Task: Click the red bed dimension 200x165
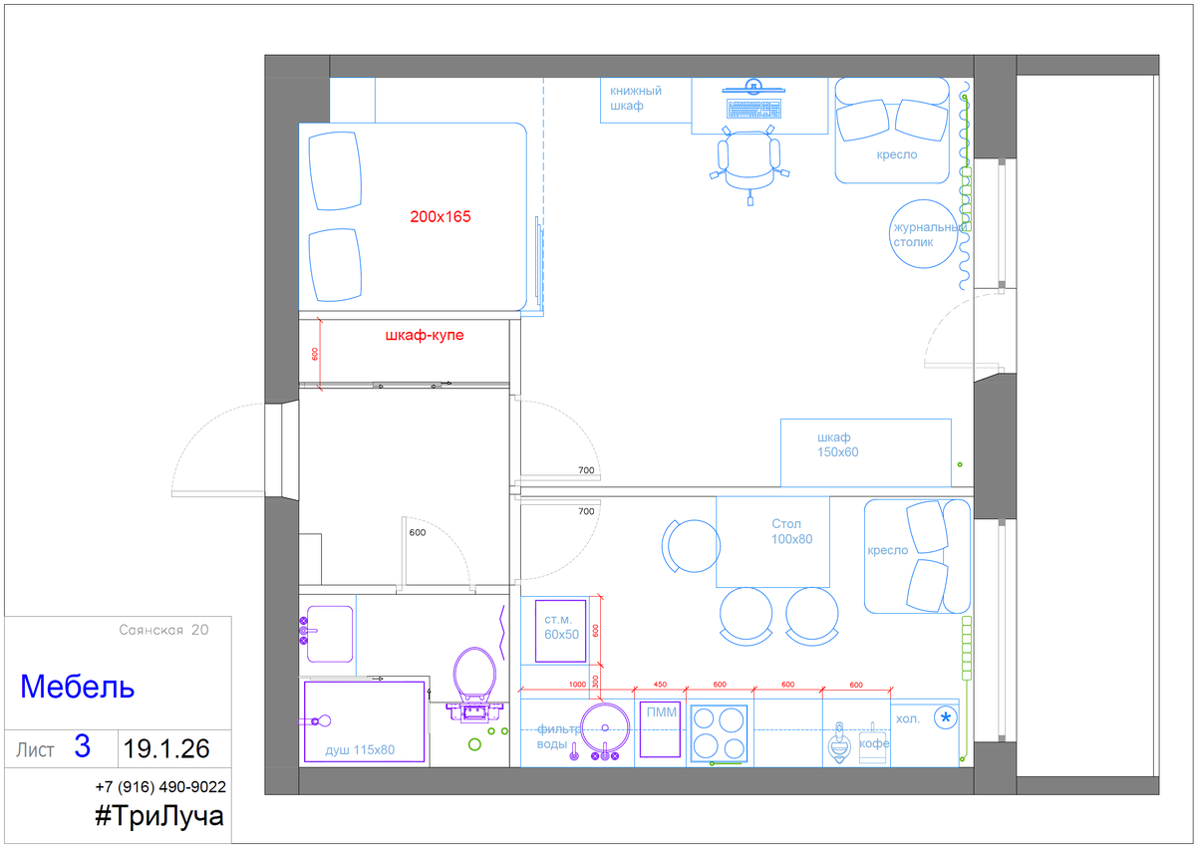pyautogui.click(x=440, y=216)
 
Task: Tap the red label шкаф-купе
pyautogui.click(x=425, y=335)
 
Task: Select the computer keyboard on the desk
pyautogui.click(x=753, y=109)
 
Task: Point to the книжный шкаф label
pyautogui.click(x=636, y=99)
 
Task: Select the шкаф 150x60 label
pyautogui.click(x=837, y=444)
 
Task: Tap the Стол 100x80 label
pyautogui.click(x=791, y=531)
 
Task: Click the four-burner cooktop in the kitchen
pyautogui.click(x=719, y=733)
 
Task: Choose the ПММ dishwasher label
pyautogui.click(x=661, y=711)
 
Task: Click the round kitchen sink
pyautogui.click(x=604, y=727)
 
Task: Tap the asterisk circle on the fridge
pyautogui.click(x=946, y=717)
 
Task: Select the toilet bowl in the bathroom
pyautogui.click(x=474, y=675)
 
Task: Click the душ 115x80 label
pyautogui.click(x=360, y=749)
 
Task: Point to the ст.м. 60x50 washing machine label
pyautogui.click(x=561, y=627)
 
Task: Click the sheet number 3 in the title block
pyautogui.click(x=82, y=745)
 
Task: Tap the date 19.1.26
pyautogui.click(x=166, y=748)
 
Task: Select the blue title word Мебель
pyautogui.click(x=78, y=687)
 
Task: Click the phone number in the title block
pyautogui.click(x=160, y=786)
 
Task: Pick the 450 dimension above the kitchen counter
pyautogui.click(x=660, y=685)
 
